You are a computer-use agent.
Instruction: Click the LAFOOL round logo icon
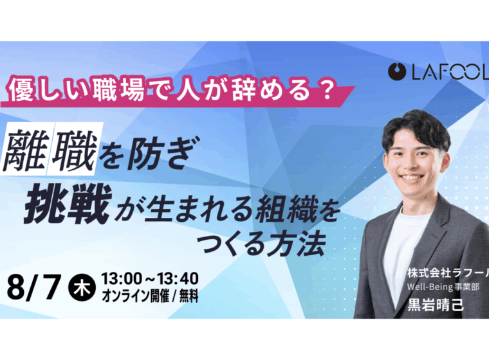(x=397, y=72)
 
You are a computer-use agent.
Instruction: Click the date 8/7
(x=33, y=287)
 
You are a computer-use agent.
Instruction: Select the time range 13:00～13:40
(x=150, y=278)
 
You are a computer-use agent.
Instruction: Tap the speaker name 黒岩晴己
(x=436, y=305)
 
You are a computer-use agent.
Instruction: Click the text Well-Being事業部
(x=443, y=287)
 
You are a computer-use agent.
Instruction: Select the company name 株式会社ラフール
(x=448, y=273)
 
